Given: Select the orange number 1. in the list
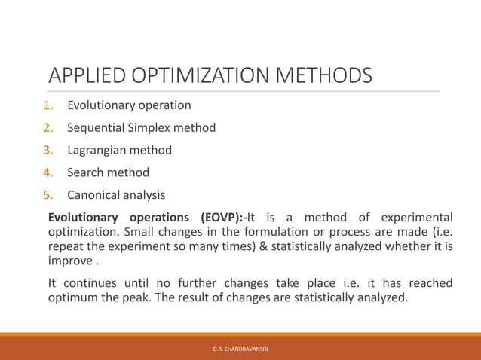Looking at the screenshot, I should click(48, 105).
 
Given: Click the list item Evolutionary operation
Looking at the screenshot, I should click(129, 105).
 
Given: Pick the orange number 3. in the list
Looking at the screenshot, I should click(48, 151).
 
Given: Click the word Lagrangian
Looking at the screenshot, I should click(97, 151).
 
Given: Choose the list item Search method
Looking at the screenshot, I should click(109, 173).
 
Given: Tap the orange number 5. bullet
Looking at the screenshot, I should click(48, 196).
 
